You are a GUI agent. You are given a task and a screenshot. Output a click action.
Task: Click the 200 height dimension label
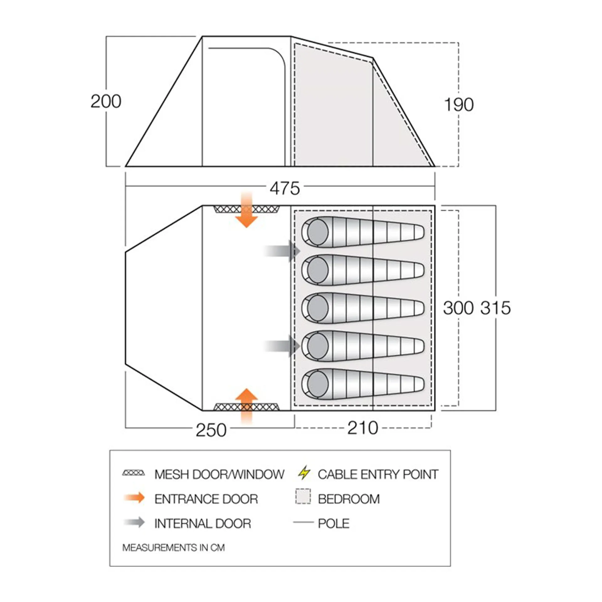click(x=106, y=101)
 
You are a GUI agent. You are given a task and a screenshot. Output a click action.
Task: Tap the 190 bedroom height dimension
click(x=459, y=105)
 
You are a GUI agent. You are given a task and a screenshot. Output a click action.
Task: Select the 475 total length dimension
click(x=285, y=188)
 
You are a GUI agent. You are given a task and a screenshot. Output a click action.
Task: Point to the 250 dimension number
click(x=211, y=430)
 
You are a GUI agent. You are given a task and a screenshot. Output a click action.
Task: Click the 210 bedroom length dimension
click(x=363, y=428)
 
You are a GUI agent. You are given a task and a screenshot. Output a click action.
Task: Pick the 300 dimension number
click(x=458, y=308)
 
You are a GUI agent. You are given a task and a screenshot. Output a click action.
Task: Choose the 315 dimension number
click(x=496, y=308)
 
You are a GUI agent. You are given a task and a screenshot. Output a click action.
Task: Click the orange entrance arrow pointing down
click(x=246, y=210)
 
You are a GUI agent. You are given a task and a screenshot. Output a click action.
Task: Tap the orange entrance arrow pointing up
click(x=246, y=406)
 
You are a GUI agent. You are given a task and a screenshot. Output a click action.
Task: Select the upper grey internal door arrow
click(x=282, y=251)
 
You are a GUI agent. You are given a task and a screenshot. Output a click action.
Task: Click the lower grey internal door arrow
click(x=282, y=346)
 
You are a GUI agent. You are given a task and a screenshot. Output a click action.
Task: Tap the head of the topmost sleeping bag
click(x=318, y=232)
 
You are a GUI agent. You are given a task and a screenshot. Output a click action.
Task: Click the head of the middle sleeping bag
click(x=318, y=308)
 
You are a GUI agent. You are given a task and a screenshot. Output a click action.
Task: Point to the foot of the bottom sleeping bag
click(x=417, y=384)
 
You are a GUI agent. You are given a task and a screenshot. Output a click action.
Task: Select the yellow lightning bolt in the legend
click(x=304, y=473)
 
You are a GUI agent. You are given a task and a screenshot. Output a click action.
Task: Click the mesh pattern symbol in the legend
click(x=134, y=473)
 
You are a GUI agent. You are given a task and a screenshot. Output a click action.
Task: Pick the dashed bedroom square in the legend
click(x=303, y=496)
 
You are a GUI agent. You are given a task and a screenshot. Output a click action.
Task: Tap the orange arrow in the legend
click(x=134, y=498)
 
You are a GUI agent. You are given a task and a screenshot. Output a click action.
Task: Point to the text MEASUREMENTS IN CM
click(x=173, y=547)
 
